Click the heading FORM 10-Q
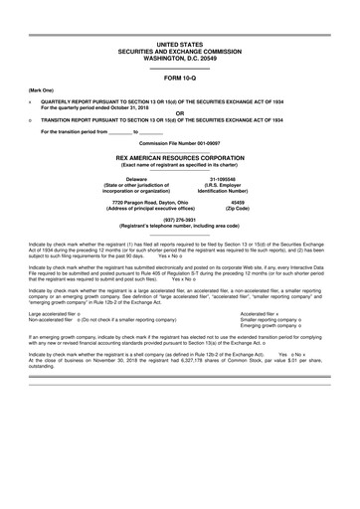179,78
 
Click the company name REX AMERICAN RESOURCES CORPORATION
179,157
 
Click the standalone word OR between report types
179,112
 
